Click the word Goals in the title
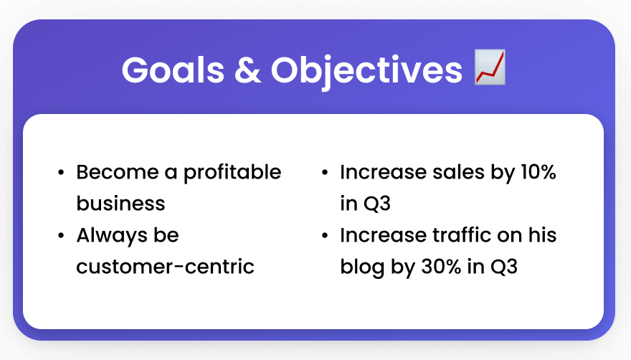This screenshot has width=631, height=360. pyautogui.click(x=173, y=70)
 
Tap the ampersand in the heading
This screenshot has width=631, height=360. pyautogui.click(x=247, y=70)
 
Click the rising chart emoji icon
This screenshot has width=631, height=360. pyautogui.click(x=490, y=67)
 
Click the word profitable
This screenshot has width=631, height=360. pyautogui.click(x=232, y=173)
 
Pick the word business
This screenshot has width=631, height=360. pyautogui.click(x=120, y=203)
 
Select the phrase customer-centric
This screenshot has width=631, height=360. pyautogui.click(x=165, y=267)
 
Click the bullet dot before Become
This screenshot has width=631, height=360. pyautogui.click(x=61, y=173)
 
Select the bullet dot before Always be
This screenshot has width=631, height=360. pyautogui.click(x=61, y=235)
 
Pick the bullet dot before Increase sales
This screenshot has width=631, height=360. pyautogui.click(x=325, y=173)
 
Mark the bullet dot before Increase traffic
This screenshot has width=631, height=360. pyautogui.click(x=325, y=235)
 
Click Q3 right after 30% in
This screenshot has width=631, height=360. pyautogui.click(x=504, y=267)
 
